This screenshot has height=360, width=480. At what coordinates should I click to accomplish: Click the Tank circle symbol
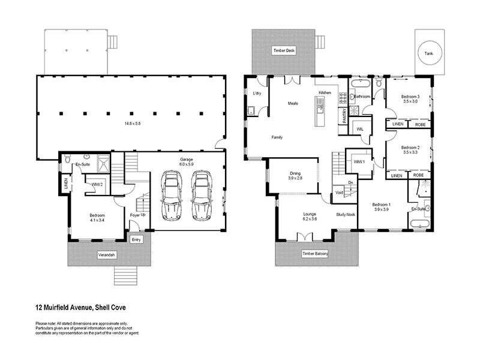click(428, 52)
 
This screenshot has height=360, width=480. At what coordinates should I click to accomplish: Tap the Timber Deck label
click(284, 50)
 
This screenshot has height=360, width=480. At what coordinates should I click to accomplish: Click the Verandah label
click(107, 254)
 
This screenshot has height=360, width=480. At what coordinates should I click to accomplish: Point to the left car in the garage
click(172, 194)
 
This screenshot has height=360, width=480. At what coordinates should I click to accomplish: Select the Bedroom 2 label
click(410, 148)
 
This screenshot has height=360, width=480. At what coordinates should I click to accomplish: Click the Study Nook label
click(346, 214)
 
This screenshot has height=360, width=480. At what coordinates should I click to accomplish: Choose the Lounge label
click(310, 214)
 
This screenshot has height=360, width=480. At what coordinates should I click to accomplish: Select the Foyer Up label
click(138, 214)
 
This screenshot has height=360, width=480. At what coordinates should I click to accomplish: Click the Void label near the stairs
click(339, 193)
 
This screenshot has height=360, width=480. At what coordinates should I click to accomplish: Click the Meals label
click(293, 103)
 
